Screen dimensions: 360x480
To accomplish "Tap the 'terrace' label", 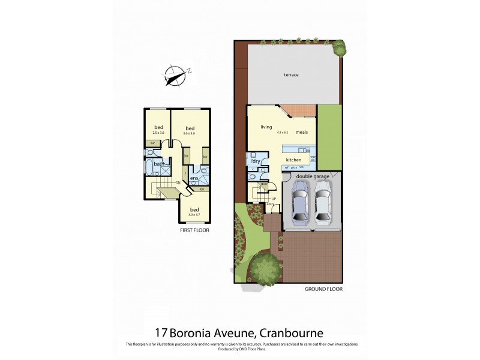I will click(x=292, y=75).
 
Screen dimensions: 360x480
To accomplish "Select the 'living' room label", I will click(x=266, y=127).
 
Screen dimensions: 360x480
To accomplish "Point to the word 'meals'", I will click(x=301, y=132).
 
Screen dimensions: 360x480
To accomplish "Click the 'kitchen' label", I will click(x=293, y=160).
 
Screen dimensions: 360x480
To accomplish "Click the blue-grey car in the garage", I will click(x=299, y=203).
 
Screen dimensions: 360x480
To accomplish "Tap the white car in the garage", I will click(x=323, y=205).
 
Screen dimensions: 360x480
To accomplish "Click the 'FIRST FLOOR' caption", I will click(x=194, y=230).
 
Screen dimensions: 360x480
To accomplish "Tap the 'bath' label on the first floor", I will click(x=159, y=164).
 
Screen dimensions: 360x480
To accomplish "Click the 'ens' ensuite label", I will click(x=194, y=178).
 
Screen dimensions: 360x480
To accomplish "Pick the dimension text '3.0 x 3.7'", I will click(x=194, y=215).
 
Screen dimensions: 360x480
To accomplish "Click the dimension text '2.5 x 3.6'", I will click(x=158, y=133).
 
